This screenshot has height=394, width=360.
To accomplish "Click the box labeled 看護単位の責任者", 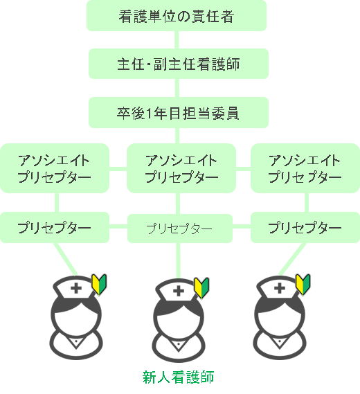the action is (x=177, y=16).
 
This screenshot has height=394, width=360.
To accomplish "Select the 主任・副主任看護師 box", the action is (x=179, y=64).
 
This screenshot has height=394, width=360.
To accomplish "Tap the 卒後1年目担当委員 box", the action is (x=179, y=113).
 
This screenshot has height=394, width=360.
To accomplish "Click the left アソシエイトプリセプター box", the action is (x=55, y=168).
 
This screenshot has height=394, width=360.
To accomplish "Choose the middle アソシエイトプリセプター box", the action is (x=181, y=168).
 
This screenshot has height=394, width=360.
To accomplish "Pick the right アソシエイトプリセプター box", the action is (x=305, y=168).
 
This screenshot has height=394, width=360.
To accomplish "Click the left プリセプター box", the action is (x=55, y=227).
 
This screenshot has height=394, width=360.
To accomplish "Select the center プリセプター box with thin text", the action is (x=180, y=229).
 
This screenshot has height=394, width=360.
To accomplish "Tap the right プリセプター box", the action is (x=305, y=227).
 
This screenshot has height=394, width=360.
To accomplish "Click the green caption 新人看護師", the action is (x=178, y=377).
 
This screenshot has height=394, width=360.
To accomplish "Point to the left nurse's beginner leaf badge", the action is (x=99, y=284).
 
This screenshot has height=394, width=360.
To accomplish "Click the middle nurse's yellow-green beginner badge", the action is (x=201, y=288).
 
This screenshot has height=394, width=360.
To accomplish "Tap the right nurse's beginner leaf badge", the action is (x=303, y=284).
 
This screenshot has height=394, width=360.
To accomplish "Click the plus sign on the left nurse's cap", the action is (x=76, y=288).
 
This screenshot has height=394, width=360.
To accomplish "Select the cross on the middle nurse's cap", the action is (x=179, y=292).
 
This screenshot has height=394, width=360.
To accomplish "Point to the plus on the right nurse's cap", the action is (x=280, y=288).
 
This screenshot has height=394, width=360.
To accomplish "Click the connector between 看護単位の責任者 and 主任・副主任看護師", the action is (x=177, y=40).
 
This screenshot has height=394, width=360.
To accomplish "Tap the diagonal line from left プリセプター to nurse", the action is (x=65, y=259).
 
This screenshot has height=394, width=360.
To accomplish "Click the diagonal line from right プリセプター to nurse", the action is (x=292, y=259).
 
